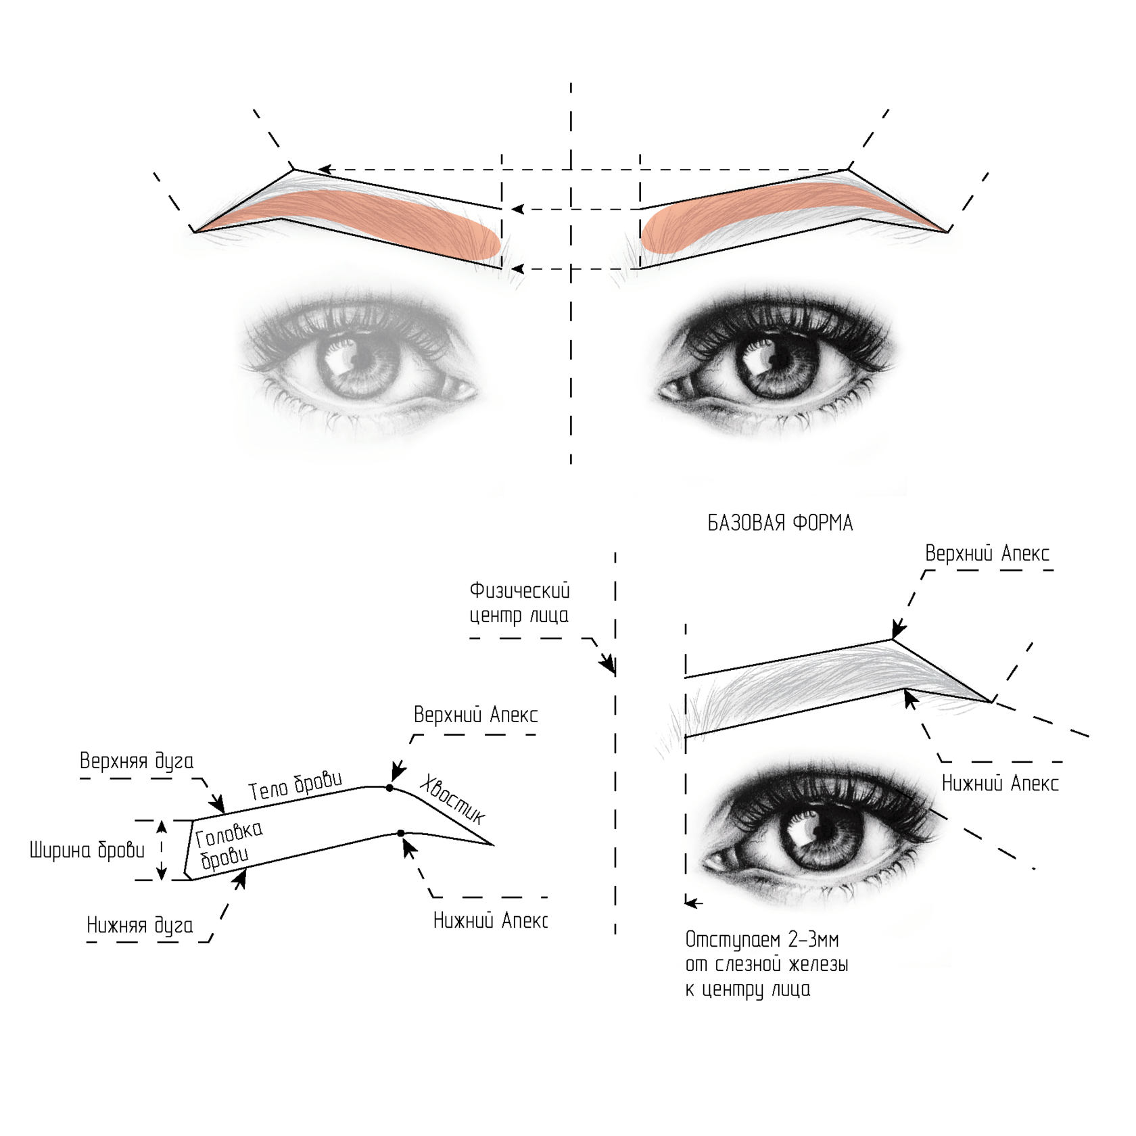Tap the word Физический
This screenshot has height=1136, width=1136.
[x=519, y=591]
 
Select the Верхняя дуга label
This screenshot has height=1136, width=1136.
[x=137, y=761]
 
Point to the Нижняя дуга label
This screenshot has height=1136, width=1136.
[x=140, y=926]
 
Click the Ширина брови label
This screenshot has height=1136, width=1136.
[x=87, y=851]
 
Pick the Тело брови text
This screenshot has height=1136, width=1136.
[x=295, y=785]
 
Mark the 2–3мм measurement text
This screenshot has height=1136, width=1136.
[x=813, y=941]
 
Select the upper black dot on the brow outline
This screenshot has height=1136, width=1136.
[x=389, y=788]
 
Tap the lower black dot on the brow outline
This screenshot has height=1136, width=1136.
[x=401, y=833]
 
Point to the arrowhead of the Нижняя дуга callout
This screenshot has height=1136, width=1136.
[x=240, y=878]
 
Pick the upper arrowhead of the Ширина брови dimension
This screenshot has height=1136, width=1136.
[x=162, y=826]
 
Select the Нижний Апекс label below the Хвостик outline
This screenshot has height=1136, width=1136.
[x=490, y=921]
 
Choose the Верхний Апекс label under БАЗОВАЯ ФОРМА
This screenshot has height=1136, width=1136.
[x=987, y=554]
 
